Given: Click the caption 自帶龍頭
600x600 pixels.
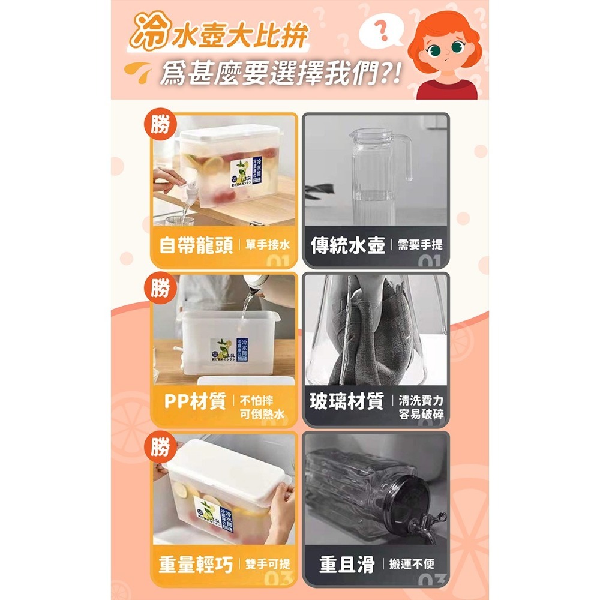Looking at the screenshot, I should pyautogui.click(x=196, y=245).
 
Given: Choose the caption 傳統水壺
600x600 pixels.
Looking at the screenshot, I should pyautogui.click(x=347, y=245).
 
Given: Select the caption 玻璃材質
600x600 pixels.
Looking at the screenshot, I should pyautogui.click(x=347, y=401).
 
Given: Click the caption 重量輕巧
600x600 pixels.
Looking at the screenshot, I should pyautogui.click(x=196, y=564).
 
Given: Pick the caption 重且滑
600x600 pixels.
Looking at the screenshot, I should pyautogui.click(x=347, y=565).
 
